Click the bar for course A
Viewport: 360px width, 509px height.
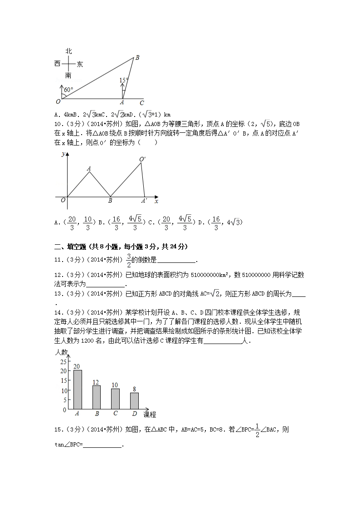(x=78, y=390)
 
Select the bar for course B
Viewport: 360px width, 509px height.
(x=97, y=397)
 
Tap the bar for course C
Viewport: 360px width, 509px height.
(x=115, y=399)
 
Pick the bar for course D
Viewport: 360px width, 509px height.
(x=134, y=401)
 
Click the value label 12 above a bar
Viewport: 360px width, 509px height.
(x=96, y=382)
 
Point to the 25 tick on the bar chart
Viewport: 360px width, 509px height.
(x=63, y=361)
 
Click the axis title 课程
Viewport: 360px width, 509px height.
(x=150, y=414)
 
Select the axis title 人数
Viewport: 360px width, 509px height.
(x=61, y=352)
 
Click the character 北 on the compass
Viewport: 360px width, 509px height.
(x=68, y=52)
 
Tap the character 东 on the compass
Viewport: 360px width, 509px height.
(x=80, y=64)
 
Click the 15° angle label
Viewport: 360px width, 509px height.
(x=124, y=81)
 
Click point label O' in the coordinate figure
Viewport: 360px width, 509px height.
(x=142, y=159)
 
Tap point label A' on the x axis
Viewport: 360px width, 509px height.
(x=144, y=201)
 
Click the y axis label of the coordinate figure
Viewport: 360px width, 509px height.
(x=63, y=155)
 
